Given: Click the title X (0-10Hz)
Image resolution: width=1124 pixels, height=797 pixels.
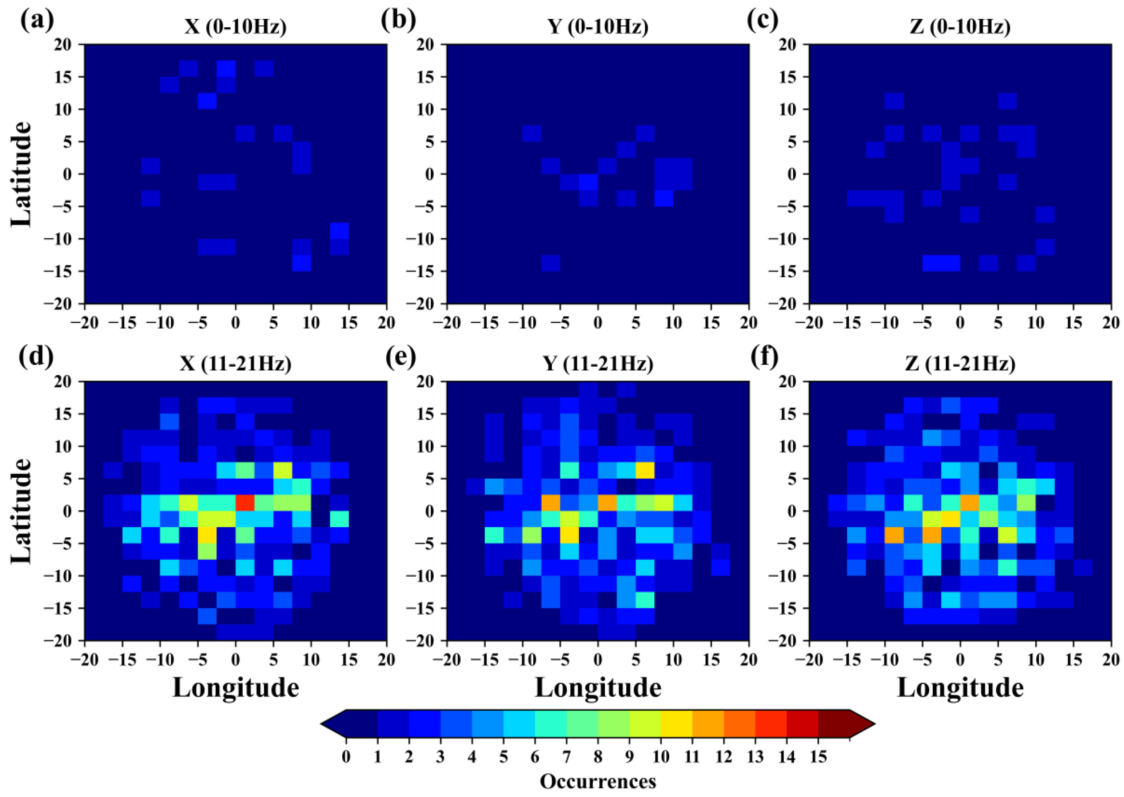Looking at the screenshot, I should point(235,27).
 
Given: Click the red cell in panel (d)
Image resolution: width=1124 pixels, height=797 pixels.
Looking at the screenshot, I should point(245,503).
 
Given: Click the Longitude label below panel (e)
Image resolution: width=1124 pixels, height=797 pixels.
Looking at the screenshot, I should point(598,688).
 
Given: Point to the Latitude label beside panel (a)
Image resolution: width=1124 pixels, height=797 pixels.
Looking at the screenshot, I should point(21,174).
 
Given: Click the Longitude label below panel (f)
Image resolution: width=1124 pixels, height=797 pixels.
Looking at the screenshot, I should point(960,688).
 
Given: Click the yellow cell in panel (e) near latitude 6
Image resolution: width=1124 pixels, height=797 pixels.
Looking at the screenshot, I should point(645,470).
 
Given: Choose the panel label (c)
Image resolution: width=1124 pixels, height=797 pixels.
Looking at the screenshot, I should point(762,21).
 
